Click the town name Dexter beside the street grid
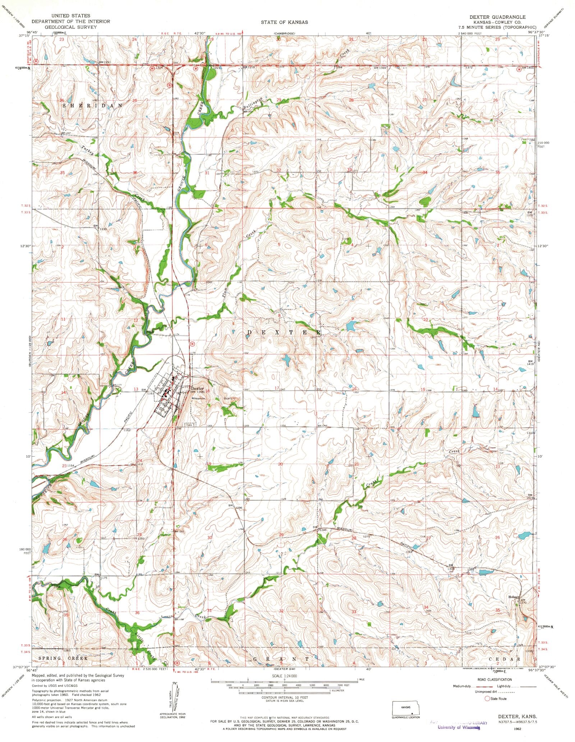(198, 388)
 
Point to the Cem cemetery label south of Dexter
(189, 425)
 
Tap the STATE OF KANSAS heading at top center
(284, 22)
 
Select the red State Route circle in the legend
(487, 699)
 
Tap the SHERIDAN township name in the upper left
(93, 106)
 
